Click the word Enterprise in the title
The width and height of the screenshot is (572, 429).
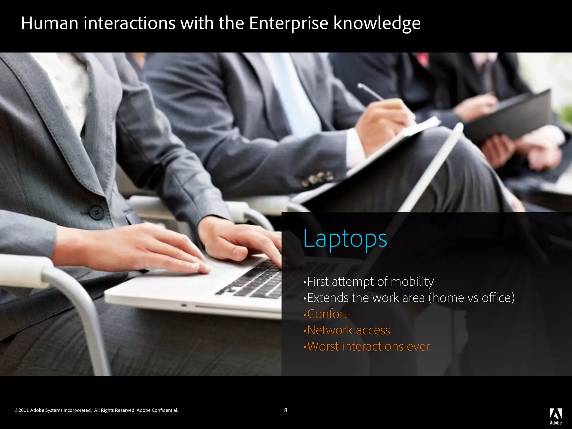[x=289, y=23]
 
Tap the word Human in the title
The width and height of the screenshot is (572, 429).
[x=49, y=23]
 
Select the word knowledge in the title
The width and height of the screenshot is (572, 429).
[x=377, y=24]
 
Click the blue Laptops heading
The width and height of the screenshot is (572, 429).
[x=345, y=239]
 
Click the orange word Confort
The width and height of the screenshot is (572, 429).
[x=327, y=314]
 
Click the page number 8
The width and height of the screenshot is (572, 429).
[x=285, y=410]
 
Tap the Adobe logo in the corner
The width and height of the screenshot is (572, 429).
[x=556, y=416]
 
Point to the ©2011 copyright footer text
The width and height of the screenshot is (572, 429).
[x=53, y=410]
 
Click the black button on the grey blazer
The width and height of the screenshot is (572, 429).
[x=97, y=212]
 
